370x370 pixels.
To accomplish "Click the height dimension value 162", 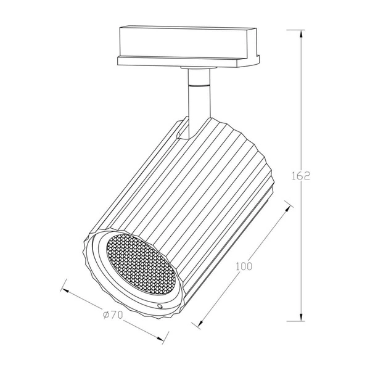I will tap(300, 175).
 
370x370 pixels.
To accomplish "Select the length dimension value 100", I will tap(244, 267).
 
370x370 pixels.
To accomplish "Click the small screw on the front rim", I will tap(160, 306).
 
